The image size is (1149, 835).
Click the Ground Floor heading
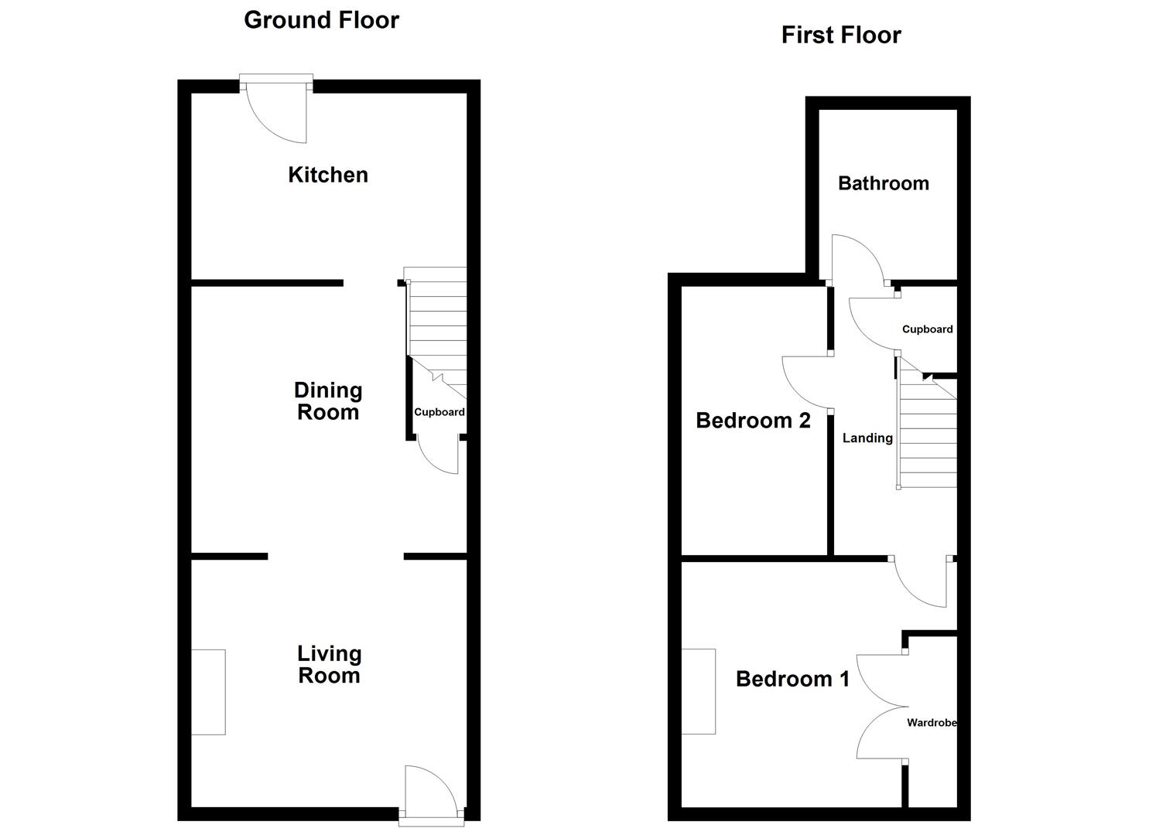pos(321,20)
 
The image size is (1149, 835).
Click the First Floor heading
pos(841,36)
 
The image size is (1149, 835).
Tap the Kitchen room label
pos(328,175)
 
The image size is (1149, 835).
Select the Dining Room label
pos(328,401)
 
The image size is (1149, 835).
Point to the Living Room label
pos(330,665)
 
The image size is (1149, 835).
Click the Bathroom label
pos(884,183)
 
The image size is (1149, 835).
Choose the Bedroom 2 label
pos(753,421)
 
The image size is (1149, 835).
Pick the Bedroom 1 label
pos(792,679)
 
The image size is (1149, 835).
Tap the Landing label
pos(867,438)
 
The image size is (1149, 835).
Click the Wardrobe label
pos(932,723)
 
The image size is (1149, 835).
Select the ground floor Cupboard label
pos(439,412)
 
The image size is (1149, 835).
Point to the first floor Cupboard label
pos(927,329)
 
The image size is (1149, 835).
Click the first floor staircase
pos(928,433)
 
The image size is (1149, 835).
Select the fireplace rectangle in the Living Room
pos(208,692)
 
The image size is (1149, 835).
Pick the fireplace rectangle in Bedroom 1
pos(698,691)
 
